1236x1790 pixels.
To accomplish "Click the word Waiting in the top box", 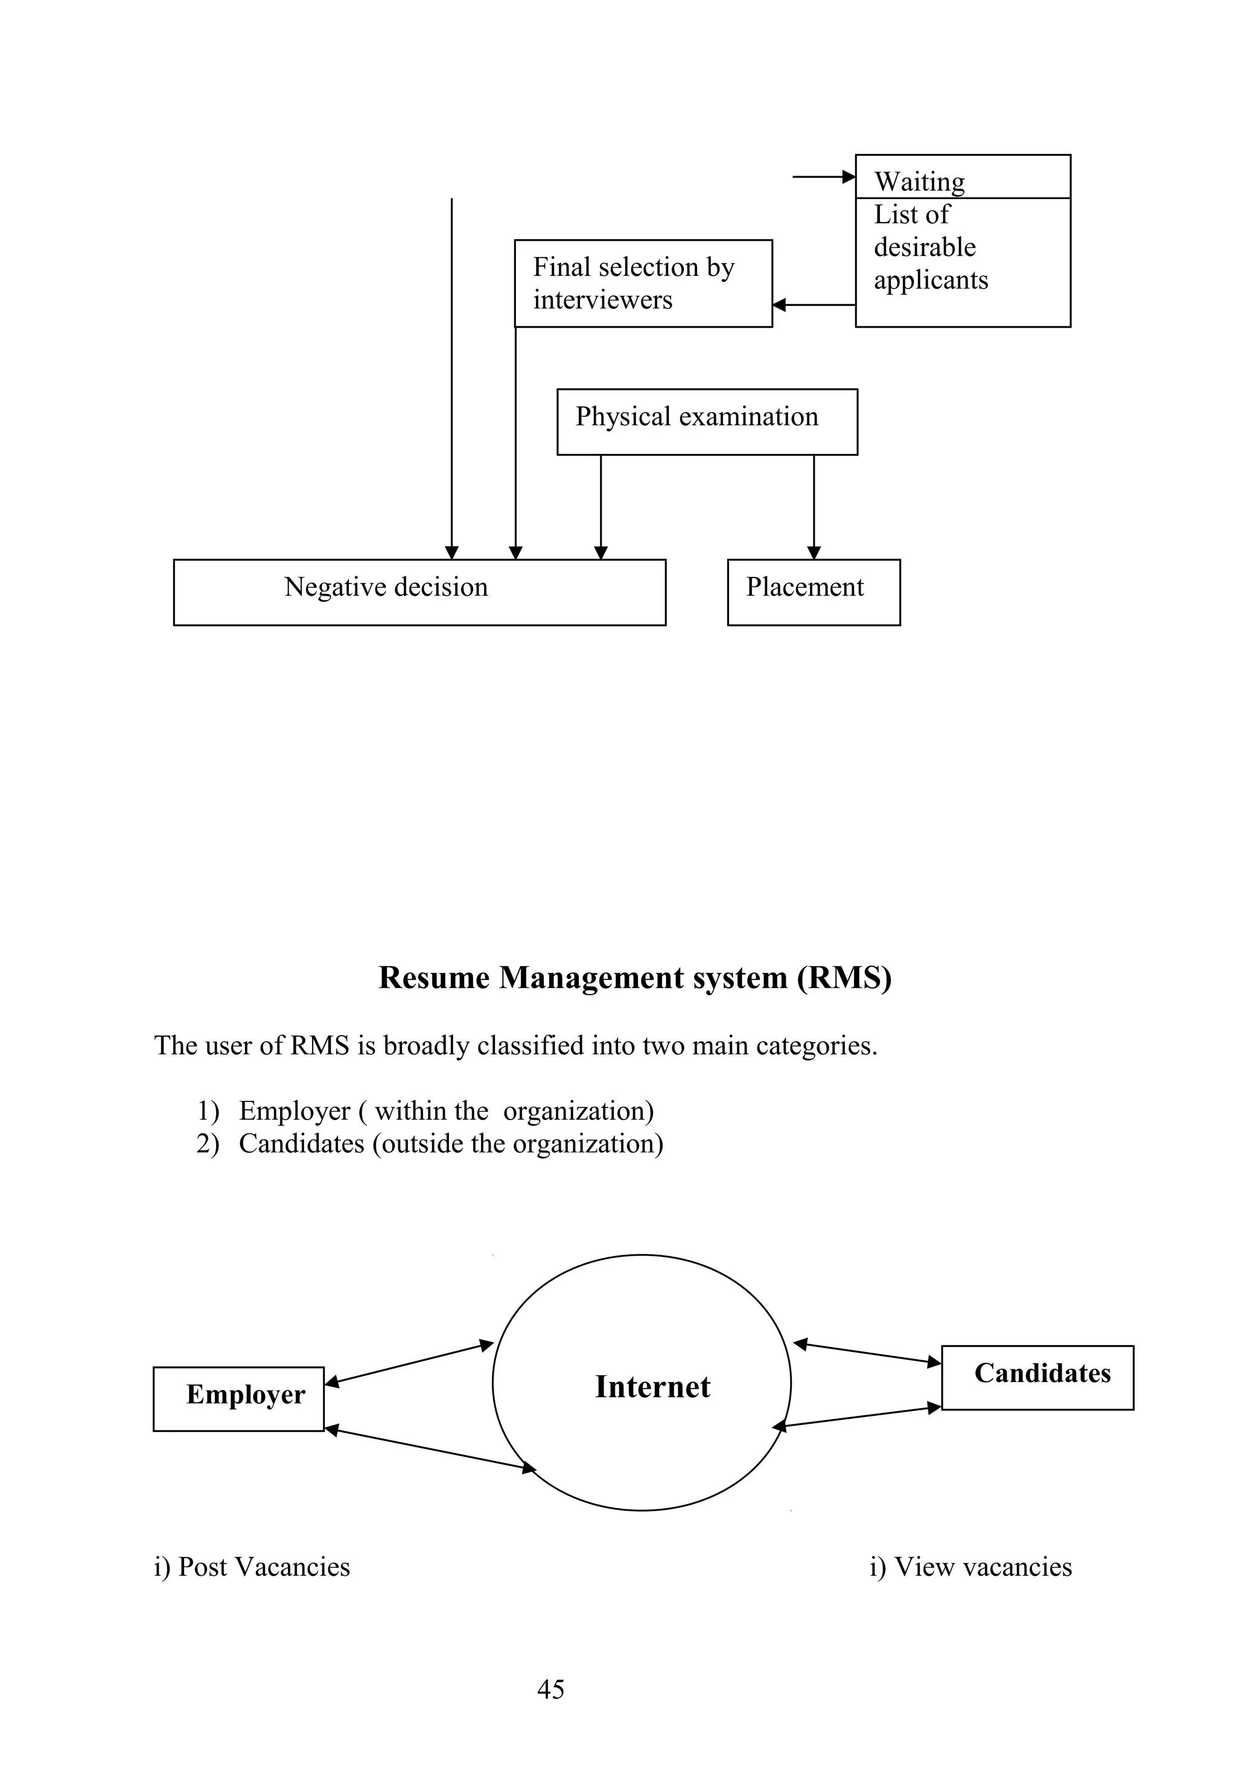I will point(919,181).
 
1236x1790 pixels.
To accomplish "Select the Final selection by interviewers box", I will point(642,284).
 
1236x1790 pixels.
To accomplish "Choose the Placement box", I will point(812,591).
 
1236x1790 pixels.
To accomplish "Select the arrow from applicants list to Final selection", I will point(813,305).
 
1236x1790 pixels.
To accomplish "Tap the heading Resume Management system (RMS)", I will point(634,978).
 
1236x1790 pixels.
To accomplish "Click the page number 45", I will point(550,1689).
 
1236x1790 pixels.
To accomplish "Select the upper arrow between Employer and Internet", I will point(409,1363).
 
